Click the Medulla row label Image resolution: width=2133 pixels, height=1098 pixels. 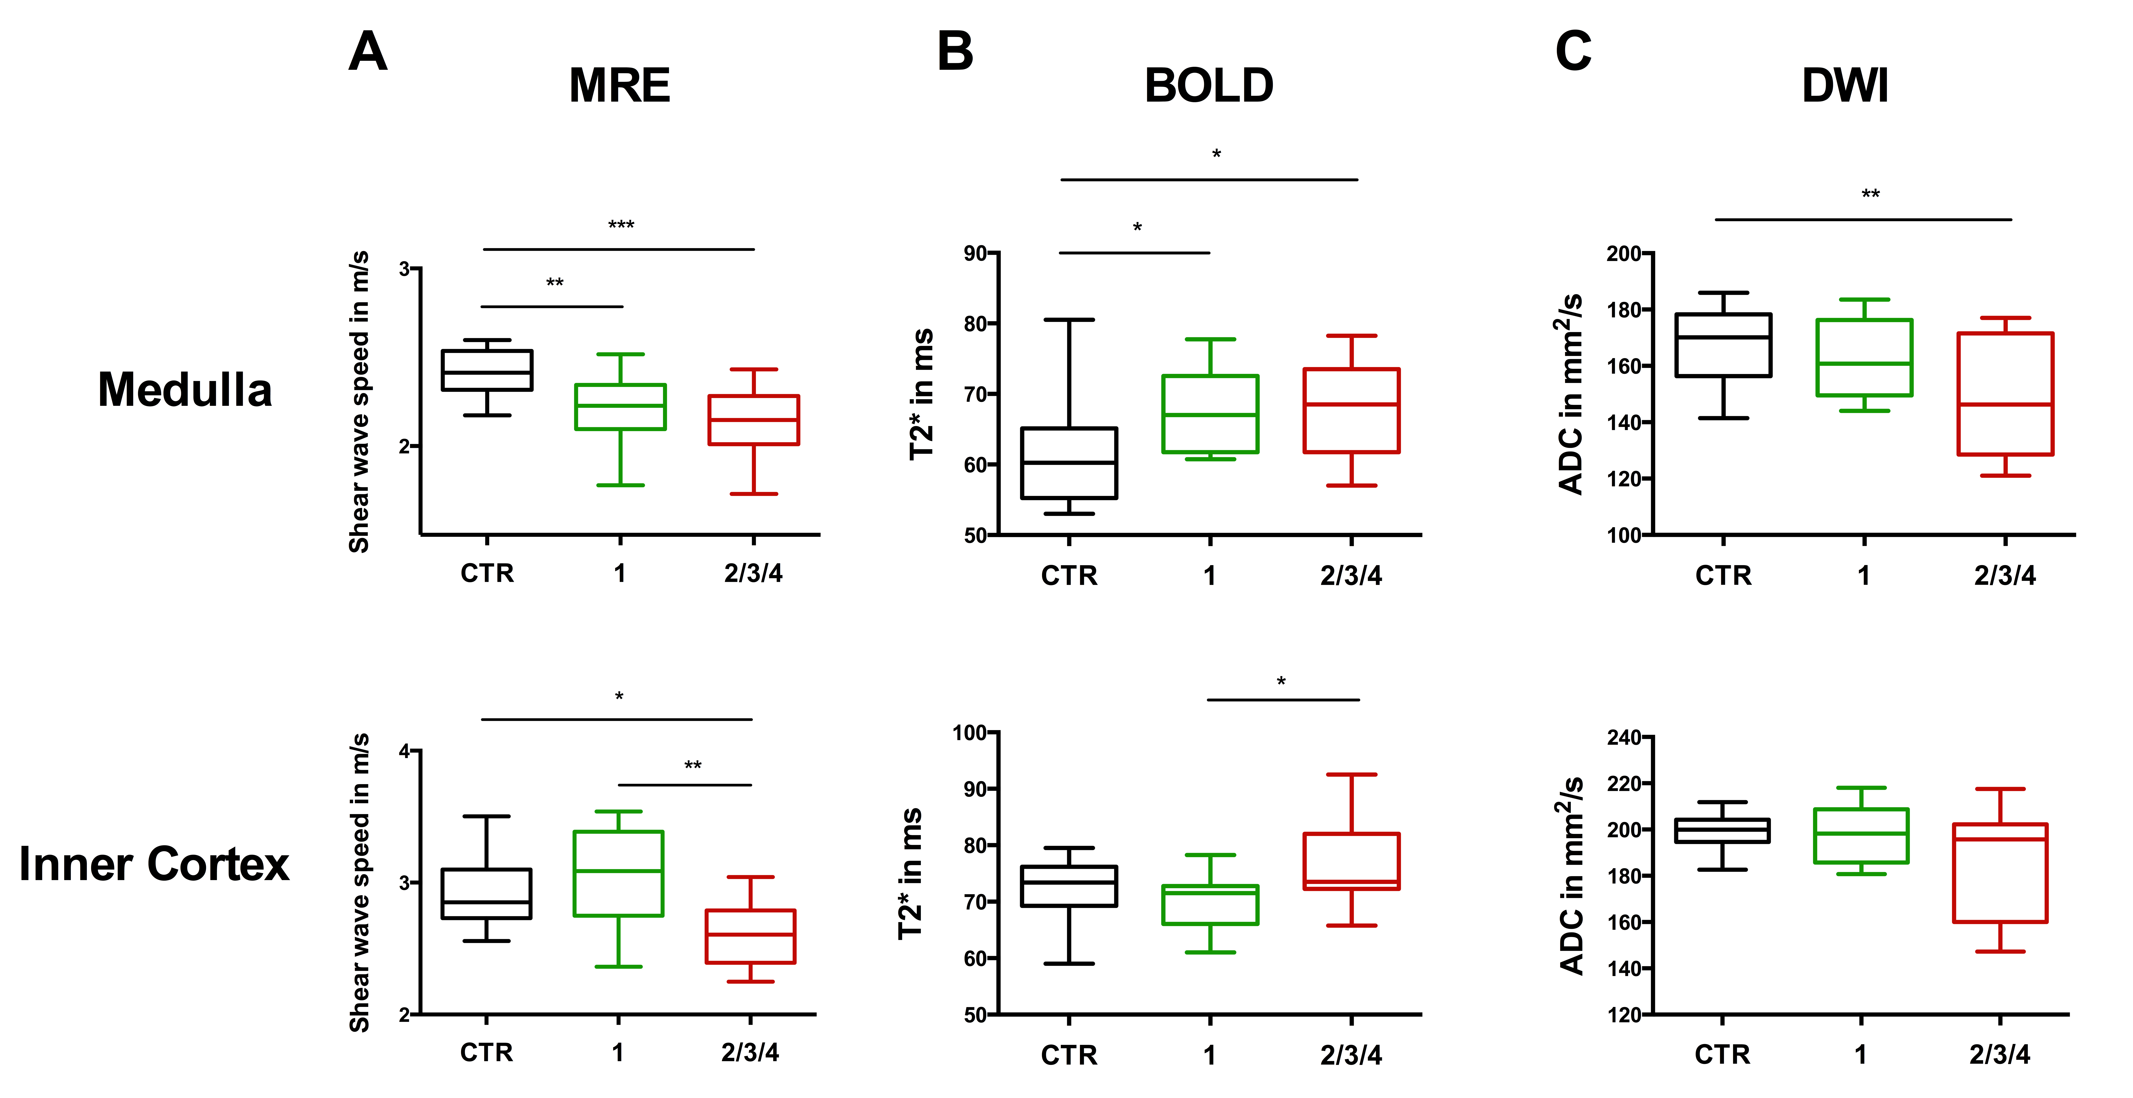click(185, 390)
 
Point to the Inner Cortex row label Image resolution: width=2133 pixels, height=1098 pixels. click(154, 864)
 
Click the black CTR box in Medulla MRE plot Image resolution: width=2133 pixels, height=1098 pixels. click(487, 370)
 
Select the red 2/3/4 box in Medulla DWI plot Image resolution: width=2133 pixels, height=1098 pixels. click(2005, 394)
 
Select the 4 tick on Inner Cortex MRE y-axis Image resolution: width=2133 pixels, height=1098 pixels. click(404, 751)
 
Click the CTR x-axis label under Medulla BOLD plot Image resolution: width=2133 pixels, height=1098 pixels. click(1069, 575)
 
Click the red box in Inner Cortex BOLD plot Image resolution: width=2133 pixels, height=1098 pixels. click(1351, 861)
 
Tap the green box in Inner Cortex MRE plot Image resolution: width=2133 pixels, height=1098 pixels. click(618, 874)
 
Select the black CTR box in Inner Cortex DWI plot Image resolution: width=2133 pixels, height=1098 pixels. click(1722, 831)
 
